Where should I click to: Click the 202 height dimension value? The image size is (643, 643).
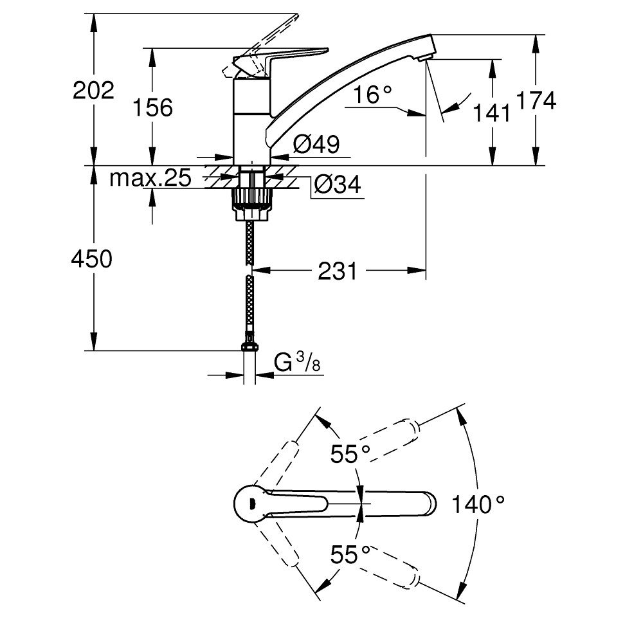click(x=93, y=90)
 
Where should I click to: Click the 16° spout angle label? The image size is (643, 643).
click(x=372, y=96)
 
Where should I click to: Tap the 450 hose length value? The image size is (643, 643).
click(x=91, y=259)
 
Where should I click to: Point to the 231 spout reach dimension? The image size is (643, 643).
click(x=337, y=272)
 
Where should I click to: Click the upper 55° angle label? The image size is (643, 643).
click(x=351, y=454)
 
